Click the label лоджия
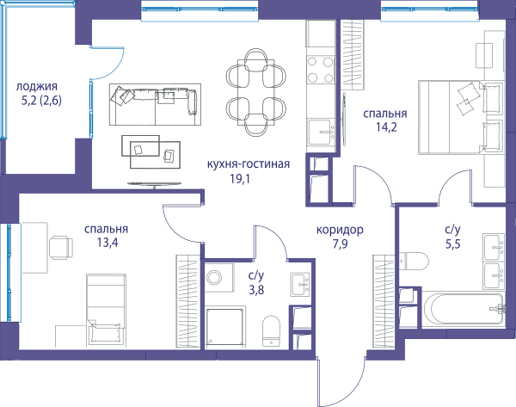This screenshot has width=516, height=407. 36,86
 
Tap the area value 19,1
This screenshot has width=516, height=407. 240,179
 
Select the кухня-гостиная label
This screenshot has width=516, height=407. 249,163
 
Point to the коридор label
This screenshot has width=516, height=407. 340,230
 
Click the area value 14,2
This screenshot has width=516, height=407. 386,126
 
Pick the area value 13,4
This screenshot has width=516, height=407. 107,243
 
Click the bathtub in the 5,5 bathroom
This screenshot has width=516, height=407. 464,310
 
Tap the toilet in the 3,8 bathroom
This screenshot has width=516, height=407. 271,331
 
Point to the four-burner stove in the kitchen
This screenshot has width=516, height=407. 320,70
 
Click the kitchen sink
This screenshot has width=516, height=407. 321,133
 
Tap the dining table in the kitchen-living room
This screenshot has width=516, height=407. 256,92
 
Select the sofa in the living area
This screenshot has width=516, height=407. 155,104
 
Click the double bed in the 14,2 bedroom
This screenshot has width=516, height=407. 461,117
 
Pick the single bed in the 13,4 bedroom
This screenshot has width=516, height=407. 106,310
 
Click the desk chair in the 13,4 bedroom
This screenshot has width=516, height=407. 61,247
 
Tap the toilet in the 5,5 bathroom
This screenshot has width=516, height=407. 414,262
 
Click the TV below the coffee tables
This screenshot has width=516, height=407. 154,184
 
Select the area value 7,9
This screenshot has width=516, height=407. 340,244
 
